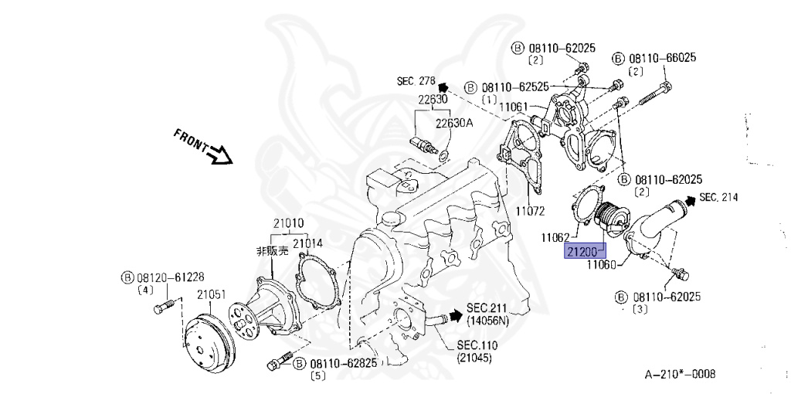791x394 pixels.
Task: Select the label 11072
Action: tap(531, 210)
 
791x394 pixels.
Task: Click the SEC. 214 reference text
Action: tap(718, 198)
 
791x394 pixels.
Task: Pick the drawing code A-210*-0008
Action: tap(680, 375)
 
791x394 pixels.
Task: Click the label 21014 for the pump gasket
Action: tap(307, 243)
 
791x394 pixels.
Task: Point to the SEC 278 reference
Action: tap(417, 80)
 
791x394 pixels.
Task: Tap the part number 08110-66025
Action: tap(663, 58)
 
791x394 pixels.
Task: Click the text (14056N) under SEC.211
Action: tap(486, 319)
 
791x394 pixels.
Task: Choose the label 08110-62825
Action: tap(345, 363)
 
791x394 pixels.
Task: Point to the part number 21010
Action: tap(287, 223)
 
